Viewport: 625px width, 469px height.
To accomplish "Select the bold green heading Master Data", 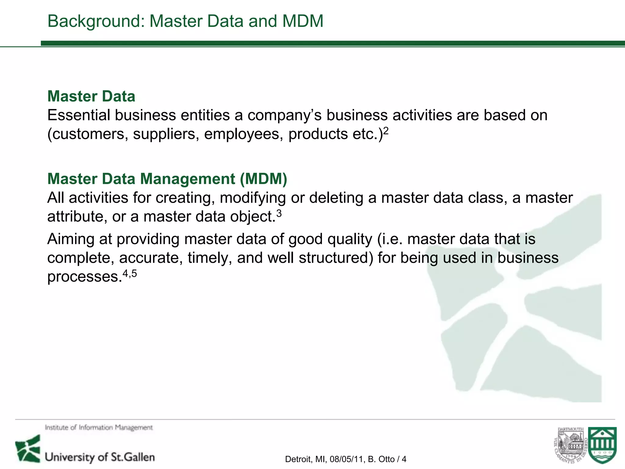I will (x=91, y=96).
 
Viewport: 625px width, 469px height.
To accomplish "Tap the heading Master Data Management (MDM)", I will (x=167, y=179).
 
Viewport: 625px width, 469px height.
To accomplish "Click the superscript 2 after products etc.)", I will (x=386, y=131).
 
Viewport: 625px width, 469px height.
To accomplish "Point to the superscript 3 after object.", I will (x=279, y=213).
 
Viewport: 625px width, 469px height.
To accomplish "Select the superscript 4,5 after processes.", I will (x=130, y=273).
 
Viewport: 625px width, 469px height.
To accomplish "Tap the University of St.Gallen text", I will (x=100, y=457).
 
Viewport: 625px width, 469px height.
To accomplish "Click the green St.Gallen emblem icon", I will (x=28, y=449).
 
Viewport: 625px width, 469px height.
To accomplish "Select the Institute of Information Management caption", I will (x=99, y=427).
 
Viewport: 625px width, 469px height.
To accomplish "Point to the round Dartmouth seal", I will (x=570, y=446).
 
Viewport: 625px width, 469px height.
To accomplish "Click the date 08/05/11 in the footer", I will (x=347, y=459).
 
